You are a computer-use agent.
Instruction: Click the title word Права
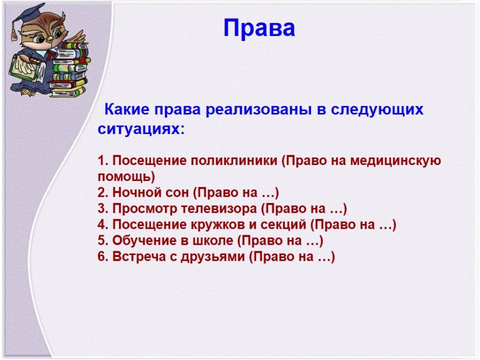tap(259, 28)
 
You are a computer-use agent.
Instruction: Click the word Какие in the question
tap(127, 109)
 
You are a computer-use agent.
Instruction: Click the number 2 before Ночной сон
tap(101, 193)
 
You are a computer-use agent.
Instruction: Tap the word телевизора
tap(219, 209)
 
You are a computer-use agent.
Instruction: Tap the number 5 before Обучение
tap(101, 240)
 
